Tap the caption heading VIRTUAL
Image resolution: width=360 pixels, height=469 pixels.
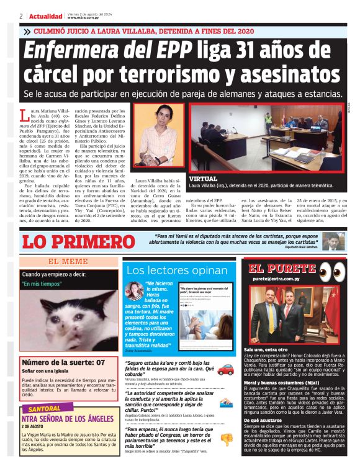204,179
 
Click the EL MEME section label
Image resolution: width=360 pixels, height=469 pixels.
68,262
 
